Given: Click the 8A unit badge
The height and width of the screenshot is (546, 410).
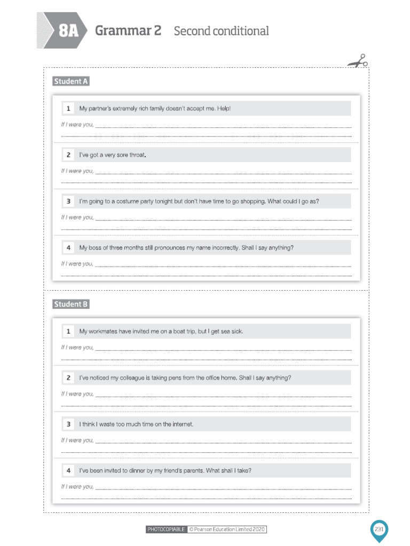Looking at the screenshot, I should tap(68, 31).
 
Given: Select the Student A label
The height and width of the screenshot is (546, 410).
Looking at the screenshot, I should tap(71, 82).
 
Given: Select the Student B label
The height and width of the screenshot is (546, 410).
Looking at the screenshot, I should tap(71, 304).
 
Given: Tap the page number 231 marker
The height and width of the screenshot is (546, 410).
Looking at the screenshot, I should tap(379, 529).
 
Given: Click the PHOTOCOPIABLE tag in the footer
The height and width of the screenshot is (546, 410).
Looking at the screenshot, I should tap(167, 529).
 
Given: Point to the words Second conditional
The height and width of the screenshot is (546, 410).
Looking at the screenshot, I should tap(221, 31).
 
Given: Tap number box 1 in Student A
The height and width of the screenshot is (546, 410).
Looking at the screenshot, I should tap(68, 109).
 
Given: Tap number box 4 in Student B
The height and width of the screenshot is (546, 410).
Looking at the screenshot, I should tap(68, 470).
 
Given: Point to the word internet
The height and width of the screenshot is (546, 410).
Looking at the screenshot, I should tap(181, 424).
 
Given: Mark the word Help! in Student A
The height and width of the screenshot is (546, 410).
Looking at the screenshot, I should tap(224, 109).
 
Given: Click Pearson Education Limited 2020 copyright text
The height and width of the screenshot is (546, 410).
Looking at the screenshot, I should tap(227, 529).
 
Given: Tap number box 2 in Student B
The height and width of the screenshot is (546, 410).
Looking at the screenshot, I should tap(68, 378).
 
